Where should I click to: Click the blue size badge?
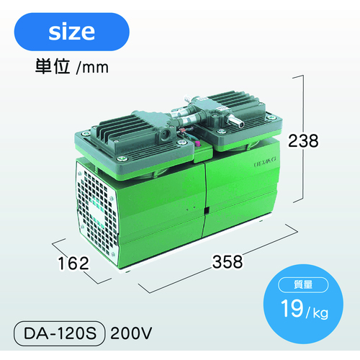tap(72, 32)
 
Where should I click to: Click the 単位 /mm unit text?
tap(72, 67)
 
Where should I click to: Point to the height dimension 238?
tap(303, 140)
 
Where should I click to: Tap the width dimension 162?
tap(73, 264)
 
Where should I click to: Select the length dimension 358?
tap(228, 261)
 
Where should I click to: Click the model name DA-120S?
tap(60, 333)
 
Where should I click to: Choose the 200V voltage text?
tap(131, 333)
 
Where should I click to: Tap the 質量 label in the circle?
tap(303, 284)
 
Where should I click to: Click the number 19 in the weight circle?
tap(292, 308)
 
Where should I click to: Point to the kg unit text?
tap(320, 312)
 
